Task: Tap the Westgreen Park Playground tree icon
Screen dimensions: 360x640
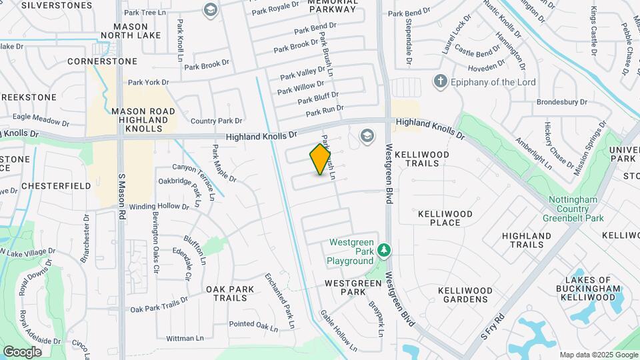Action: (x=384, y=251)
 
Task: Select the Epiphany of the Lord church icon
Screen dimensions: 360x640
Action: (x=440, y=82)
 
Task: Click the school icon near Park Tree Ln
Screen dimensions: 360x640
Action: (x=211, y=10)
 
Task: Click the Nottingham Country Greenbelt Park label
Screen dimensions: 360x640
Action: (x=575, y=209)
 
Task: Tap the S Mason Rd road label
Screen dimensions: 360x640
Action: (x=122, y=197)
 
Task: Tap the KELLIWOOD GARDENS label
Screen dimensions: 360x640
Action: (x=465, y=295)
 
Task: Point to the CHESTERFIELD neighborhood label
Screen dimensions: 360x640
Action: (x=56, y=185)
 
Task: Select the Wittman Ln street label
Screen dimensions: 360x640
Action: (x=185, y=339)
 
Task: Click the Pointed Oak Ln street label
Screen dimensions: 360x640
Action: (x=253, y=325)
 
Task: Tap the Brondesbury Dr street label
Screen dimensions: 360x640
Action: (x=561, y=103)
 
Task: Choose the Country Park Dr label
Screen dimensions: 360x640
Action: (x=216, y=121)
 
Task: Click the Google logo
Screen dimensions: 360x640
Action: (x=22, y=352)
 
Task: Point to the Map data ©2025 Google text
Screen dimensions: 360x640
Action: (x=599, y=355)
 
